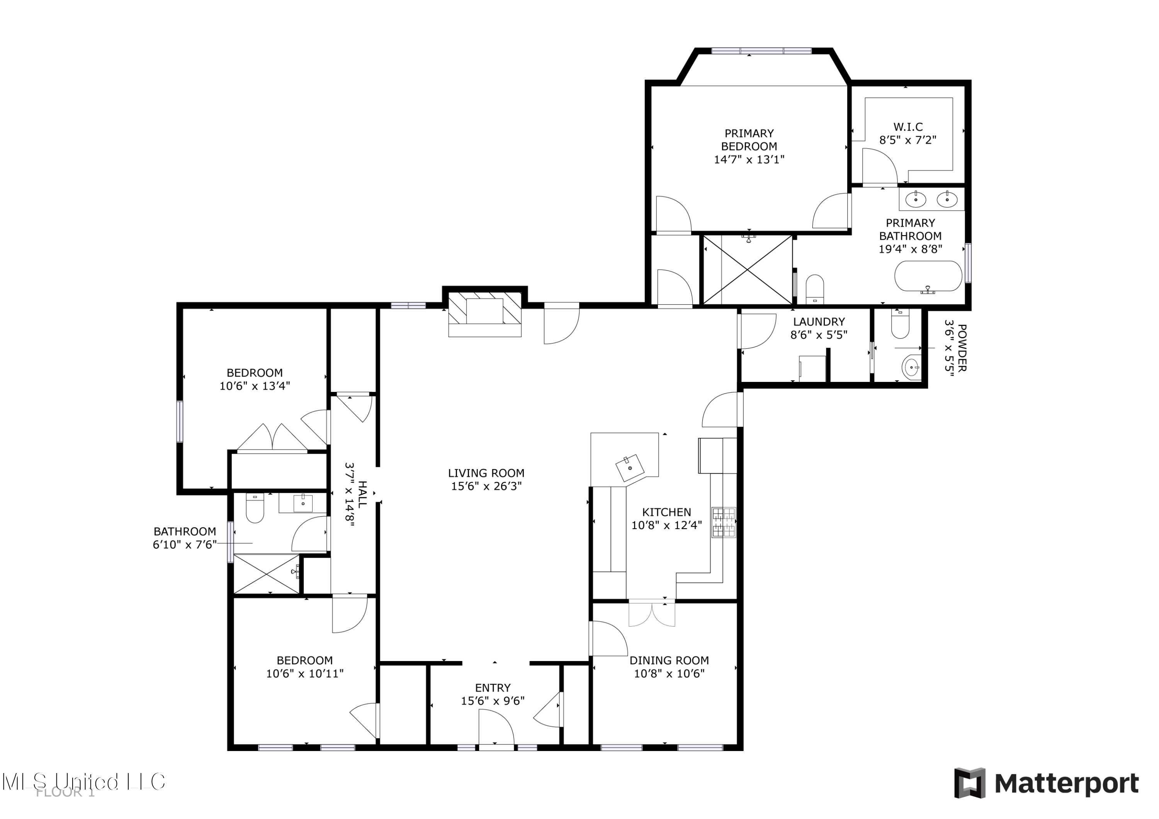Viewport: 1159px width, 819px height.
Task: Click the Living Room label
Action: click(x=486, y=473)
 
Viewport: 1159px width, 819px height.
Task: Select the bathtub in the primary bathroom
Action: click(x=928, y=276)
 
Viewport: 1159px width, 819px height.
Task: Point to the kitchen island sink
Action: click(x=629, y=468)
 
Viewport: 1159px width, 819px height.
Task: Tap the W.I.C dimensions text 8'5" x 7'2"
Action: click(x=907, y=140)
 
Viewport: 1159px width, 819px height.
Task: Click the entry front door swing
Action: click(x=496, y=727)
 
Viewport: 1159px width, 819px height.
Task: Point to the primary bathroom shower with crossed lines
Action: click(x=747, y=270)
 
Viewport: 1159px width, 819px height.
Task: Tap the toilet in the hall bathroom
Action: click(x=255, y=509)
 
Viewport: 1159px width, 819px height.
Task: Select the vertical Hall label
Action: click(x=362, y=495)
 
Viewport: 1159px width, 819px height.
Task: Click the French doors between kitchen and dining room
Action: click(x=651, y=614)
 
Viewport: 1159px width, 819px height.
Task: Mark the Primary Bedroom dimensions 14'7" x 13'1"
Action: click(x=749, y=160)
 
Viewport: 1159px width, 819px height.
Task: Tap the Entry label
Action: click(x=492, y=688)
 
